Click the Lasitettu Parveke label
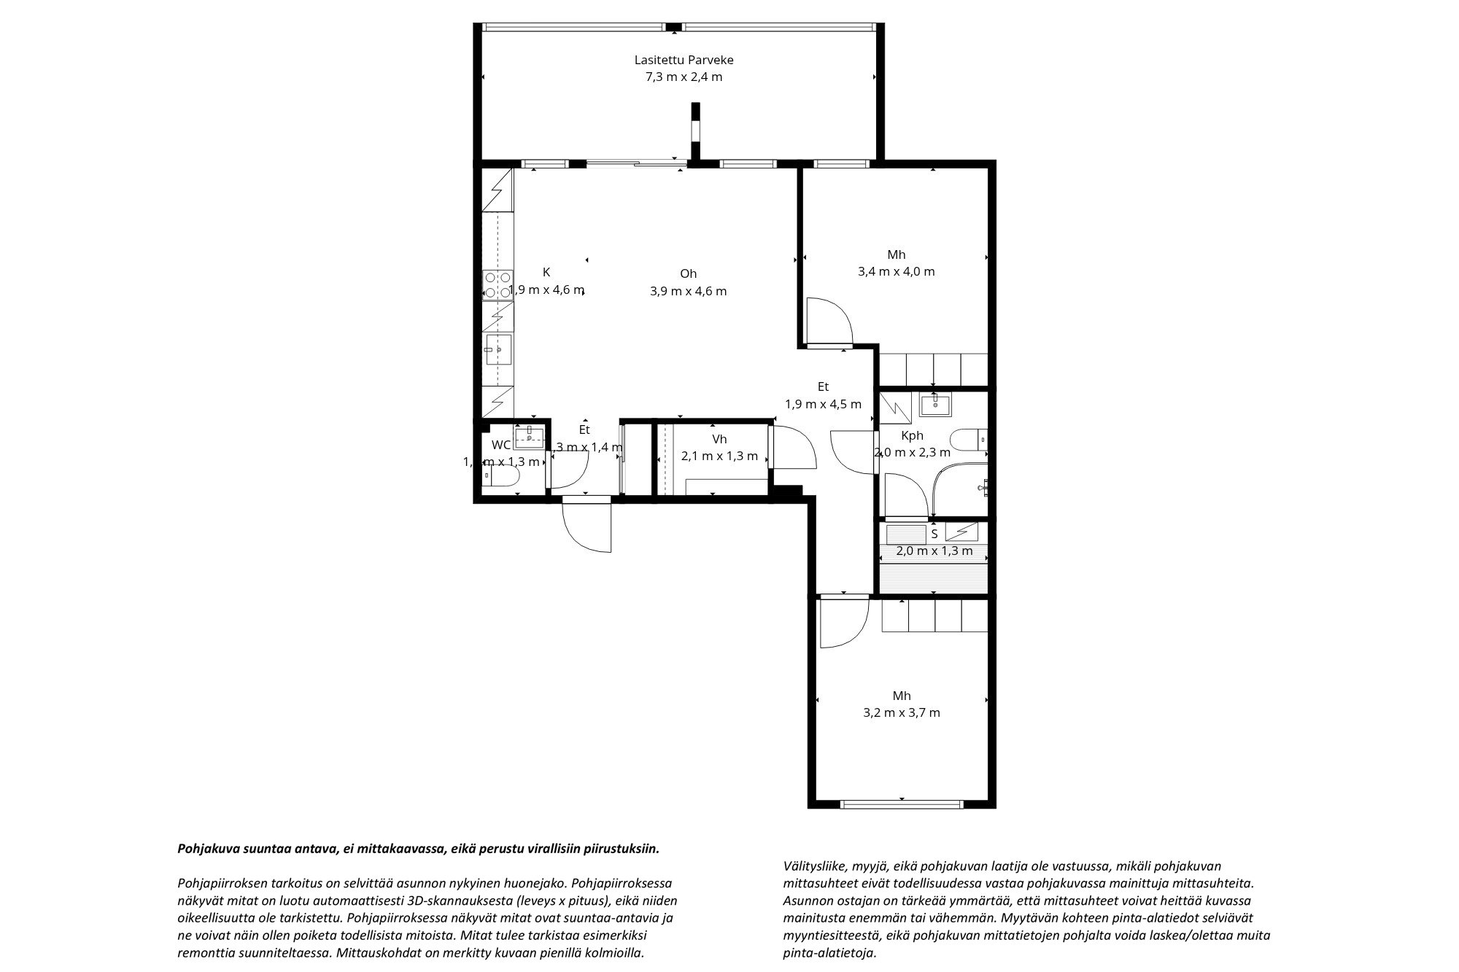coord(684,60)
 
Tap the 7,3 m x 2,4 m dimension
coord(684,77)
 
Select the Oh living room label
coord(688,273)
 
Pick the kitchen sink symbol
coord(499,349)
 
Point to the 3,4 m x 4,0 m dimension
coord(897,272)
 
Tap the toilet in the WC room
coord(503,476)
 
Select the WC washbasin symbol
coord(529,438)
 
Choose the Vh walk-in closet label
coord(719,439)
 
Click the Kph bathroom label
coord(912,435)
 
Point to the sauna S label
coord(934,534)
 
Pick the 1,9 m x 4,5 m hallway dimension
coord(823,404)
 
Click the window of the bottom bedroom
coord(902,804)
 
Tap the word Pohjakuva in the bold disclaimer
coord(205,849)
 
